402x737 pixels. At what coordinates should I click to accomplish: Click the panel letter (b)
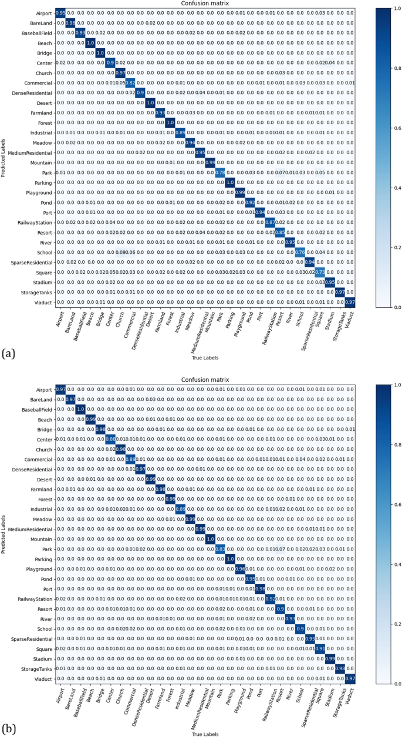click(x=8, y=729)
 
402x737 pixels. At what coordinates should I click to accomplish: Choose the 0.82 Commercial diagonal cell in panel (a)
click(x=130, y=82)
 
